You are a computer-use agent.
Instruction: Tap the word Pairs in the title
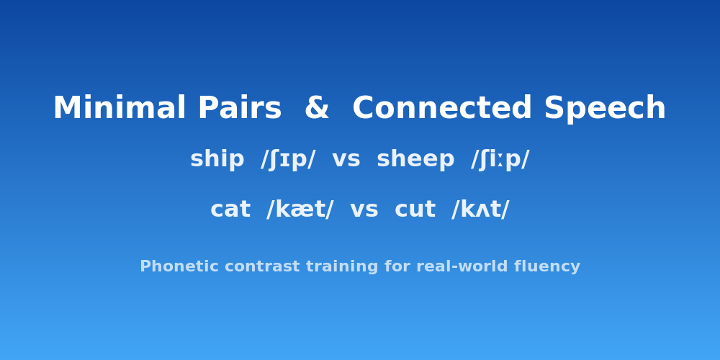click(239, 109)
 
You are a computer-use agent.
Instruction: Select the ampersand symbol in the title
click(317, 109)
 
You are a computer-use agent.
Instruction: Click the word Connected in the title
click(441, 109)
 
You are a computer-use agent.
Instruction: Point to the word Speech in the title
click(605, 109)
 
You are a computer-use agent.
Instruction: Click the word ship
click(217, 160)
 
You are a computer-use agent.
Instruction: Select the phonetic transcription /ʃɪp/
click(288, 160)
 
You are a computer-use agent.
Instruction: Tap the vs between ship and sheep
click(346, 160)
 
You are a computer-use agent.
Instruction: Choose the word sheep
click(415, 160)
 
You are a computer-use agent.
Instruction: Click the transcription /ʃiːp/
click(500, 160)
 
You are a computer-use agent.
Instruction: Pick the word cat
click(230, 210)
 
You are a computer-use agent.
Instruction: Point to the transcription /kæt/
click(300, 210)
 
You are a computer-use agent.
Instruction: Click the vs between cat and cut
click(364, 210)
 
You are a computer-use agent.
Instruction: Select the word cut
click(415, 210)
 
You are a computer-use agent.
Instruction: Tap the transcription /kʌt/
click(480, 210)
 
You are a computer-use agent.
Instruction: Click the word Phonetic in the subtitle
click(169, 267)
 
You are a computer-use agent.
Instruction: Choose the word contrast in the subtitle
click(235, 267)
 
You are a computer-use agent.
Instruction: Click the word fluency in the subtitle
click(551, 267)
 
